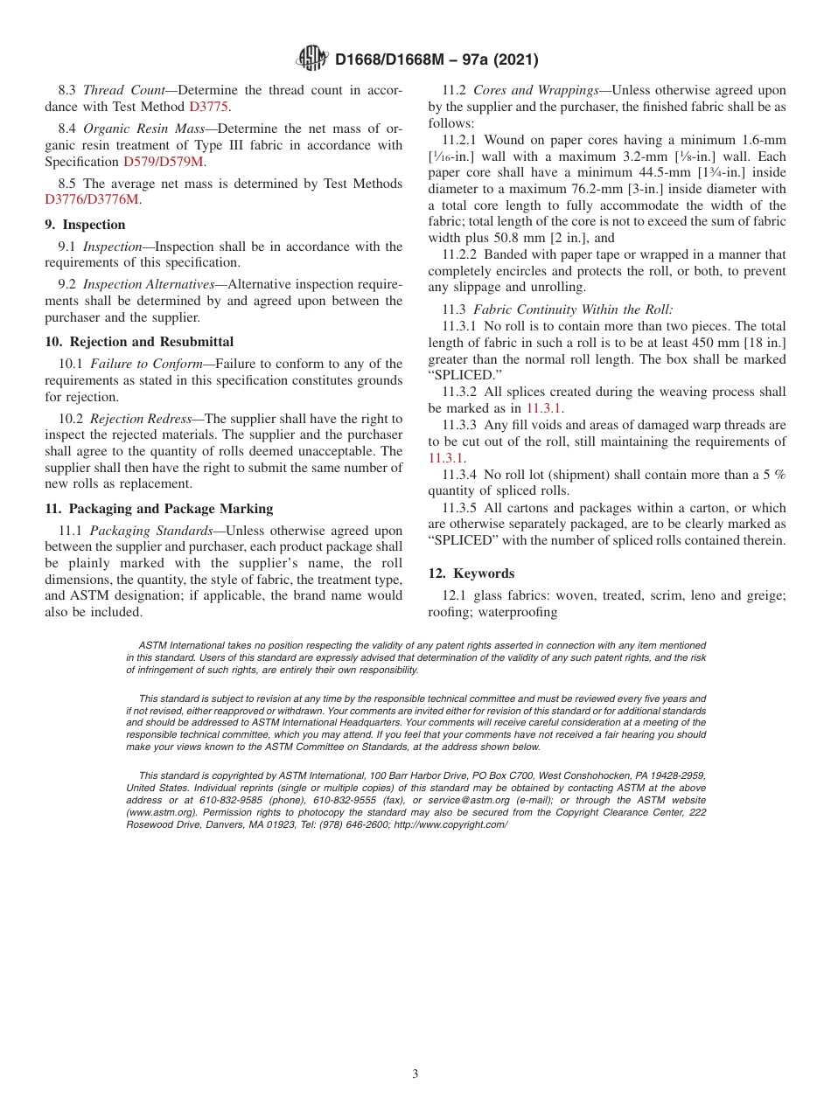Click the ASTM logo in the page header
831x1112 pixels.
pyautogui.click(x=311, y=59)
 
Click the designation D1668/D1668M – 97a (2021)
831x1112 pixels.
pyautogui.click(x=436, y=59)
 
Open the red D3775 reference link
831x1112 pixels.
pyautogui.click(x=210, y=107)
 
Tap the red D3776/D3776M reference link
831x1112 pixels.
pyautogui.click(x=92, y=199)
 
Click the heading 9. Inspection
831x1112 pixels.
pyautogui.click(x=85, y=225)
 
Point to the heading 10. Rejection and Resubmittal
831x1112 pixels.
pyautogui.click(x=139, y=342)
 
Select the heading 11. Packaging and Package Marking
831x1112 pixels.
pyautogui.click(x=158, y=509)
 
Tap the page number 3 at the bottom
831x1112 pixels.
pyautogui.click(x=415, y=1074)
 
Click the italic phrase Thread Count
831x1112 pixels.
pyautogui.click(x=118, y=90)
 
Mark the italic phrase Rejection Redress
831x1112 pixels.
pyautogui.click(x=141, y=419)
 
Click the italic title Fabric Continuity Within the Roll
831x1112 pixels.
pyautogui.click(x=573, y=309)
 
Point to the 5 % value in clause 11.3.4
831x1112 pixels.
pyautogui.click(x=772, y=475)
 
